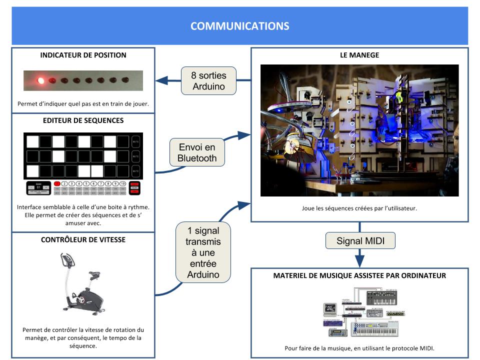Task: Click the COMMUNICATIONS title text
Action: click(239, 26)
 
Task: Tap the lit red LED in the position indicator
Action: click(40, 79)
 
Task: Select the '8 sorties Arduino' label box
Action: click(208, 81)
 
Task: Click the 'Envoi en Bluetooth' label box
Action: click(197, 153)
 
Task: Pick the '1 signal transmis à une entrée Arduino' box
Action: click(204, 251)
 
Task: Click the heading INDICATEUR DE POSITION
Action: click(83, 55)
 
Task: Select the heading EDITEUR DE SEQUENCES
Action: click(83, 120)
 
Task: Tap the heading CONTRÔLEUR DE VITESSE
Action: click(83, 239)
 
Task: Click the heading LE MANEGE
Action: click(359, 55)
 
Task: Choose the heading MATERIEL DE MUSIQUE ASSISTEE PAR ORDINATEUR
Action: click(359, 275)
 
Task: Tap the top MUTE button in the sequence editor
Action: click(135, 142)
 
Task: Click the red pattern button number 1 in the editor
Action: click(57, 183)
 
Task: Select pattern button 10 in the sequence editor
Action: click(122, 183)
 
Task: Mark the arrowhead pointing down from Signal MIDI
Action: click(358, 261)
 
